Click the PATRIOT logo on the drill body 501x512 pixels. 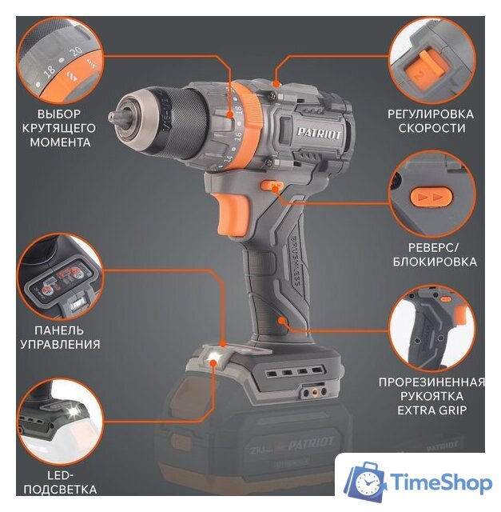click(x=319, y=134)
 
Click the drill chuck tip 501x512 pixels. click(x=113, y=117)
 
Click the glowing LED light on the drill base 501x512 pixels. click(x=213, y=356)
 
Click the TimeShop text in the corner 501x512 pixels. click(x=442, y=482)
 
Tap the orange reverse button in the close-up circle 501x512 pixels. click(x=431, y=197)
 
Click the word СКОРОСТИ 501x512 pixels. click(x=431, y=128)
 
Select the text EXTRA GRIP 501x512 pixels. click(x=431, y=410)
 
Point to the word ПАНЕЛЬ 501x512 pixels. click(x=59, y=330)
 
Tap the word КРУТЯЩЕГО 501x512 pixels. click(x=59, y=128)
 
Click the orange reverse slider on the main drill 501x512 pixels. click(x=271, y=186)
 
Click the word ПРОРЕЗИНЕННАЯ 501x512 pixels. click(x=431, y=382)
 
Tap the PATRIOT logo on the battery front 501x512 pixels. click(x=311, y=443)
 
